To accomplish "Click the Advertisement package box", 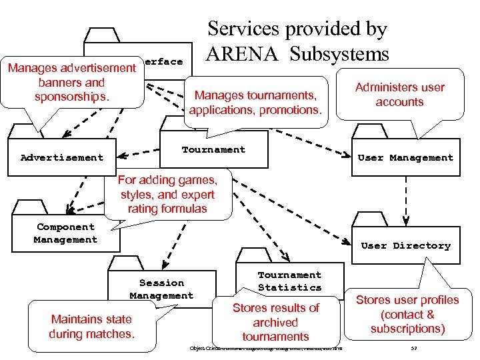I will (x=62, y=158).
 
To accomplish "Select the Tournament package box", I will (x=213, y=150).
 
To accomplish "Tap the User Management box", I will (x=405, y=158).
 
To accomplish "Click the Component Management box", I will (x=66, y=233).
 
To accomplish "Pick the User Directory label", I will (x=405, y=245).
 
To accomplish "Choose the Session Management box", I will (x=162, y=289).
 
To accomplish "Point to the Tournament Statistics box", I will (x=289, y=281).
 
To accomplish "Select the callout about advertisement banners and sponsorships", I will (x=72, y=83).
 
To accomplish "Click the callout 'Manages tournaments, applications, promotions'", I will (x=255, y=102).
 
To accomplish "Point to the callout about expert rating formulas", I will (x=167, y=194).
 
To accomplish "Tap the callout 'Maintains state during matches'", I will (x=91, y=326).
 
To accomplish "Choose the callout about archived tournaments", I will (x=275, y=322).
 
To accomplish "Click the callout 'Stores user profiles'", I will (x=407, y=313).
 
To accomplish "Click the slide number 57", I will (x=414, y=349).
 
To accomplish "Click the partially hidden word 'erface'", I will (x=163, y=61).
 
